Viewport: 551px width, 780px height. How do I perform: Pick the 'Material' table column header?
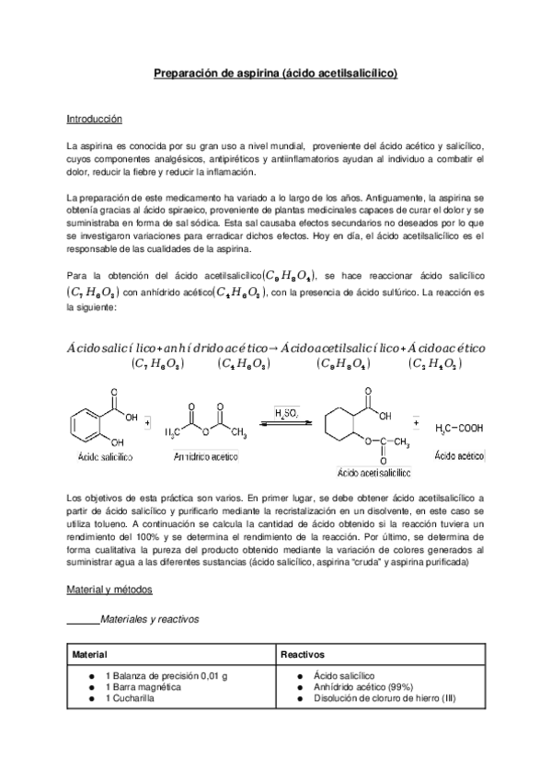click(91, 655)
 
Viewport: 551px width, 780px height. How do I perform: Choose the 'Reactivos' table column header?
click(305, 655)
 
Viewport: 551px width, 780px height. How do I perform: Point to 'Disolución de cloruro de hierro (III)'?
click(385, 699)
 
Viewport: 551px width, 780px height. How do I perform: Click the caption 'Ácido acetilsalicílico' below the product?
click(373, 472)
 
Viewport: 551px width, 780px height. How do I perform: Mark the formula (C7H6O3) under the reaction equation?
click(158, 364)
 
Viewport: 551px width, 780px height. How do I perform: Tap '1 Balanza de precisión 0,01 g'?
click(166, 675)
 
